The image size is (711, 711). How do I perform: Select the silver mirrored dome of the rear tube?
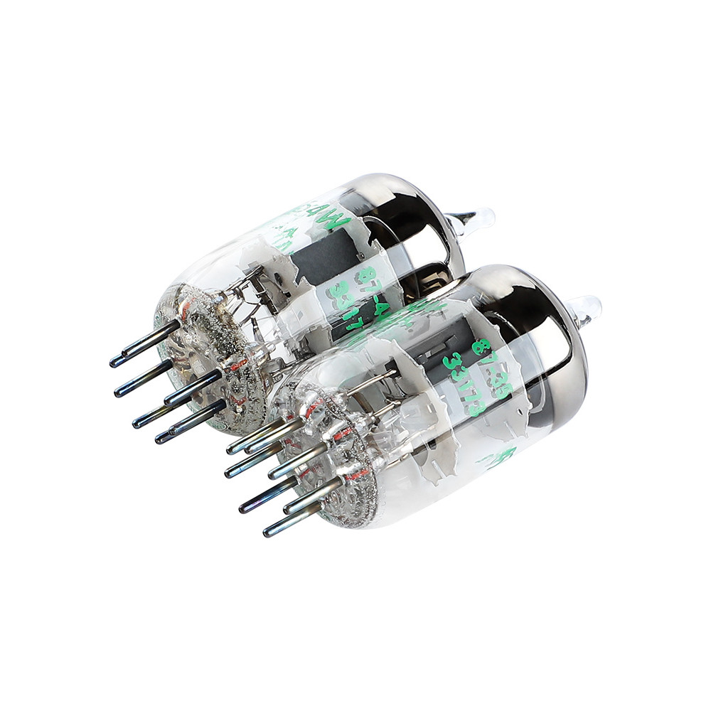pos(419,220)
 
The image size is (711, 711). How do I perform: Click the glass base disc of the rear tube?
pos(213,355)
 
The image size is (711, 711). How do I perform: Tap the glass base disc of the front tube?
pos(334,462)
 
